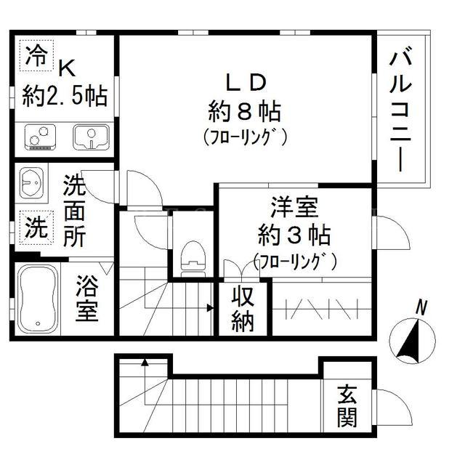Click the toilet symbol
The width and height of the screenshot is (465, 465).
pos(193,259)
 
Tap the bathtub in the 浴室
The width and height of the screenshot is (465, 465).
pos(38,299)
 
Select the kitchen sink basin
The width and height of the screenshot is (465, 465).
pos(91,137)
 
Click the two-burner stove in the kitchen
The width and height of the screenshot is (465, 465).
pos(40,137)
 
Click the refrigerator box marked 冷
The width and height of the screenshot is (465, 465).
pos(36,56)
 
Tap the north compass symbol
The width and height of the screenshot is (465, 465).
pos(412,341)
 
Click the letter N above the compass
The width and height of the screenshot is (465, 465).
pos(421,308)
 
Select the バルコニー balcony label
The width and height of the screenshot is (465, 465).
pos(400,111)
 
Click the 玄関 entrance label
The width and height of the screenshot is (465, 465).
pos(347,405)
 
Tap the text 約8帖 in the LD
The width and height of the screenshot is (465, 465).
pos(245,111)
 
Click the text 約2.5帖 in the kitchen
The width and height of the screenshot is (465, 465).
pos(65,96)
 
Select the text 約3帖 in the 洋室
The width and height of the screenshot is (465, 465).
pos(294,235)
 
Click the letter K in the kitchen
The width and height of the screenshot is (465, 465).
pos(68,68)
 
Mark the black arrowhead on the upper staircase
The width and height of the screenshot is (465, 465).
pos(210,308)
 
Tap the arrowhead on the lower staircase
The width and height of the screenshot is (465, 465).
pos(145,362)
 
